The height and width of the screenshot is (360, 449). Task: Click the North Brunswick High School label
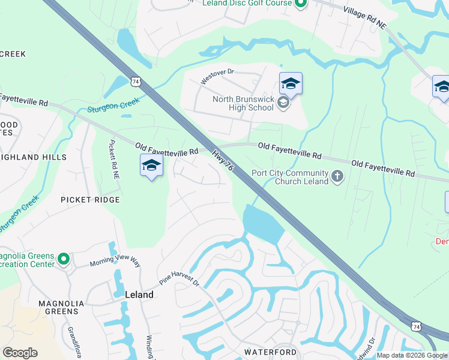click(x=243, y=104)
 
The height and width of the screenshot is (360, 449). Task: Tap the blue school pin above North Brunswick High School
click(x=291, y=85)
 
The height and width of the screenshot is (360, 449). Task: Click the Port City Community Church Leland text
click(x=290, y=178)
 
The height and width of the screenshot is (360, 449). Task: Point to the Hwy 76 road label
click(x=222, y=161)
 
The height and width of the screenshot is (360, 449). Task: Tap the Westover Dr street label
click(x=216, y=76)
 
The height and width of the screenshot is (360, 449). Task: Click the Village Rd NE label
click(x=365, y=17)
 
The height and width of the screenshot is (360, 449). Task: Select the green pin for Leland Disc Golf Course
click(x=301, y=4)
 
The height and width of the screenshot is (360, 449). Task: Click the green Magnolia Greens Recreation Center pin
click(x=64, y=260)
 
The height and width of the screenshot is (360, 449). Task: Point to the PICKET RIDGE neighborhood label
click(x=90, y=200)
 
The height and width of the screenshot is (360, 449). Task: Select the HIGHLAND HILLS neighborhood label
click(x=33, y=157)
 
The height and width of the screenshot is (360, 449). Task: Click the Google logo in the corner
click(x=20, y=353)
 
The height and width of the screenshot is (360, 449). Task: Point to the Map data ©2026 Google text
click(x=412, y=355)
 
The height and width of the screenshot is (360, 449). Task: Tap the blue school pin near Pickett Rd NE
click(x=151, y=166)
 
